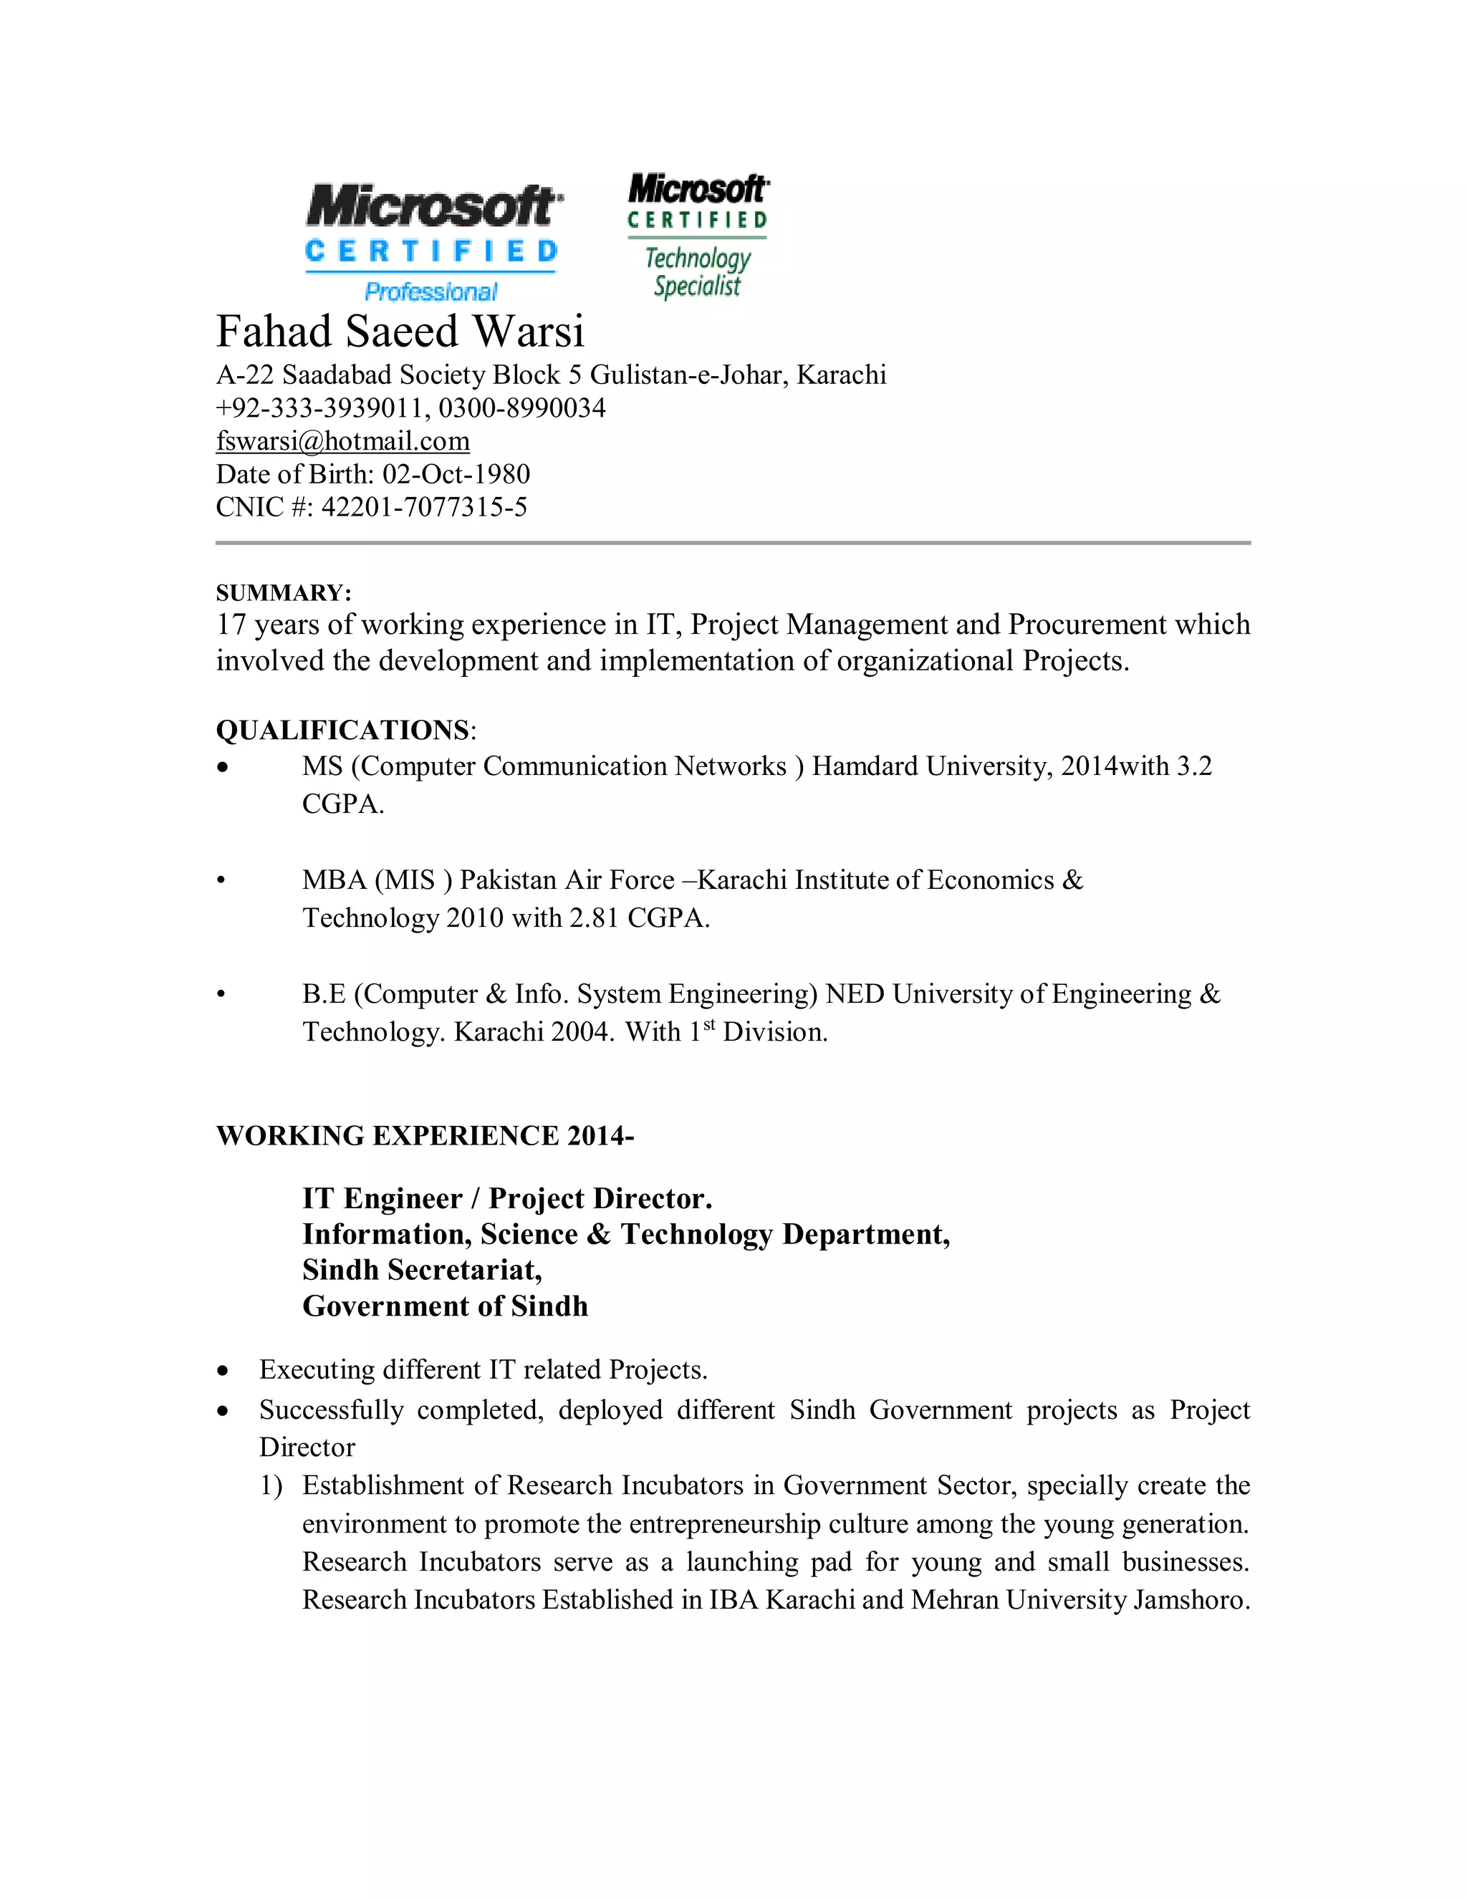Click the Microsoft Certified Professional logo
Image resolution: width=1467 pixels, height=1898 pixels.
point(432,241)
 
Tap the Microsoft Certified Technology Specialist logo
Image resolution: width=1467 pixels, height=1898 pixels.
point(698,236)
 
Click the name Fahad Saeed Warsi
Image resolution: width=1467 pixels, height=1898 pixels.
point(400,331)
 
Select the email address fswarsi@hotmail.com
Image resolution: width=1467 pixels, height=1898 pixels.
point(342,441)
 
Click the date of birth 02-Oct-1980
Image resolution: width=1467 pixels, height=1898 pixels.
point(456,474)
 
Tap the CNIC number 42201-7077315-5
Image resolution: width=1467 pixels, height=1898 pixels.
point(423,508)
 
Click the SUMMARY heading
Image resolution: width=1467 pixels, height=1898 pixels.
point(284,593)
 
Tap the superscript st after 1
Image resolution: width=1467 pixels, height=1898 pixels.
point(709,1025)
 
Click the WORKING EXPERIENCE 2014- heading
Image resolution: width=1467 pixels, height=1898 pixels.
point(425,1136)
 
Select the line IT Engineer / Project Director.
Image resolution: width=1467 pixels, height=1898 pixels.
point(506,1198)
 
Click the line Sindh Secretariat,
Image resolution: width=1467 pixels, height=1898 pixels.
point(421,1271)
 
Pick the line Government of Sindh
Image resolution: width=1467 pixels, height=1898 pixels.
point(445,1306)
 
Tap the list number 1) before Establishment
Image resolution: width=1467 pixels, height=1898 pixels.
point(271,1486)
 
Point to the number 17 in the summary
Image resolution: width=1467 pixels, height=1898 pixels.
point(231,625)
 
